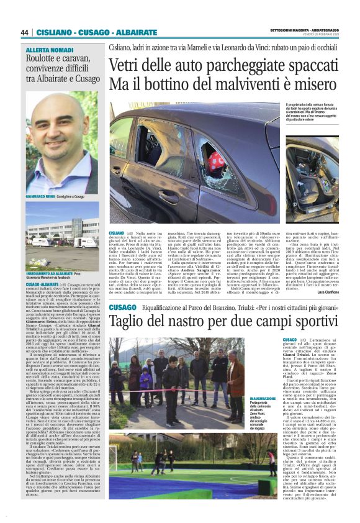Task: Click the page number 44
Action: [24, 32]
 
